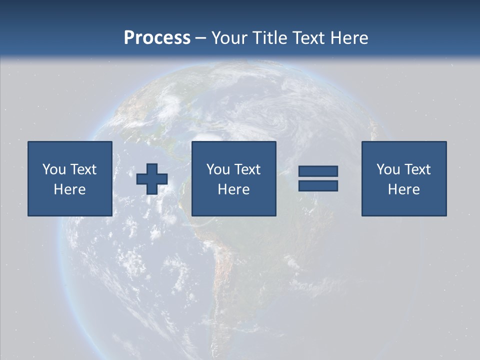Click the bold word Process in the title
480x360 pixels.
tap(157, 38)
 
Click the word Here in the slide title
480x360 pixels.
tap(349, 38)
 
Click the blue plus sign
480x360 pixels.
tap(152, 179)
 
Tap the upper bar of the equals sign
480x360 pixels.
tap(318, 171)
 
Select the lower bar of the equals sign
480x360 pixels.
tap(318, 185)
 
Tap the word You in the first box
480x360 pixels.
tap(53, 169)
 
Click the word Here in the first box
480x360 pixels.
tap(70, 189)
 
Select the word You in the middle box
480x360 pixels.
tap(217, 169)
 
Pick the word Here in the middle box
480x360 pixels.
tap(234, 189)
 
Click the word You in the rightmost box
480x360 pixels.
tap(387, 169)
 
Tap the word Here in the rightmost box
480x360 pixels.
tap(404, 189)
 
